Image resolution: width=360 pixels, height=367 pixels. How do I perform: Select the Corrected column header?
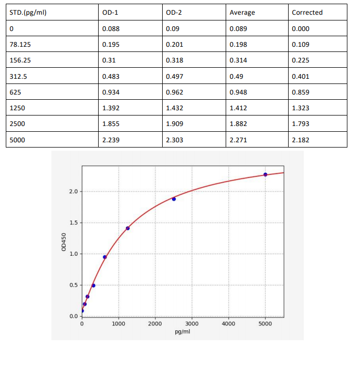click(307, 13)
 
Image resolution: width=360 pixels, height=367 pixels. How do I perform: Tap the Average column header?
click(242, 13)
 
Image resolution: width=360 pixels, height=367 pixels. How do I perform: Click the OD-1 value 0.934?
click(111, 92)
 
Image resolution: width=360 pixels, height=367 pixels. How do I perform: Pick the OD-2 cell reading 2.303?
click(174, 140)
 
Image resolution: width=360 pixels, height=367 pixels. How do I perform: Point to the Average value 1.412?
click(239, 108)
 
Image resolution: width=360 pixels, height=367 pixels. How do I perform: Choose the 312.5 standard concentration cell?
click(19, 76)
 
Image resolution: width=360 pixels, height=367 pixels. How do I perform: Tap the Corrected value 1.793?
click(301, 124)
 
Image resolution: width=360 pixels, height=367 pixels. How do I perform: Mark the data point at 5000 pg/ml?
click(266, 174)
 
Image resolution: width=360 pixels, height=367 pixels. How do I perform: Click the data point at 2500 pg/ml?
click(174, 199)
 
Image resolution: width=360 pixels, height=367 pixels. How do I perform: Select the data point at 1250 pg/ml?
click(128, 228)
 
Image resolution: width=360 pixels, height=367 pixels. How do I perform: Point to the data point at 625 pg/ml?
click(105, 257)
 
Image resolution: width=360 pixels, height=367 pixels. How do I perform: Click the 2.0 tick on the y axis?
click(73, 192)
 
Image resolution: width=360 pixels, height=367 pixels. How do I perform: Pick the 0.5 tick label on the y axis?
click(73, 285)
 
